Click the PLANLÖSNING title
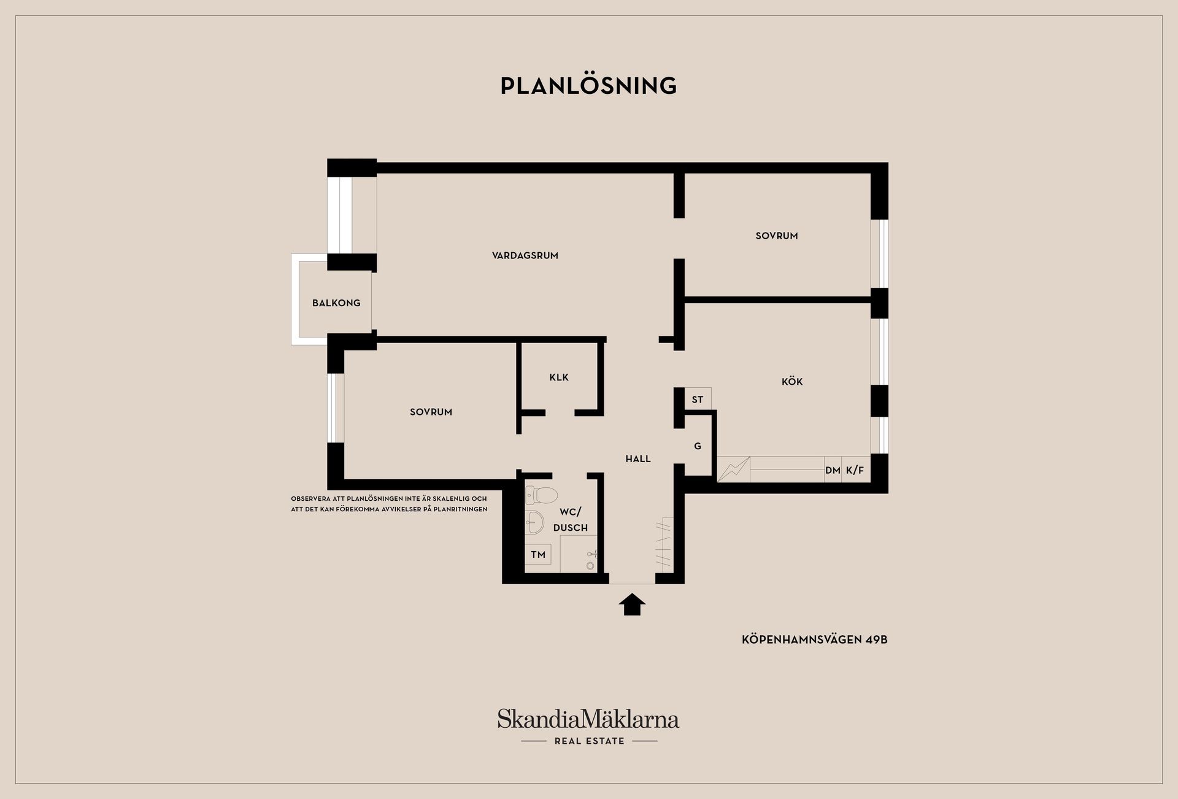tap(588, 85)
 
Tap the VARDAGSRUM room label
tap(525, 255)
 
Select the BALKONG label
tap(336, 303)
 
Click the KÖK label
tap(792, 381)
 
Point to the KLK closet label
tap(559, 377)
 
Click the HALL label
tap(638, 459)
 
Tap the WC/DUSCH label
tap(571, 520)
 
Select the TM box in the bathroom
tap(538, 555)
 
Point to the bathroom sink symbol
tap(535, 522)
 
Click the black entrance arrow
tap(632, 604)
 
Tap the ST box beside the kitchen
tap(698, 399)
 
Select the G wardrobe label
tap(698, 446)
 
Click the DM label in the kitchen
tap(833, 471)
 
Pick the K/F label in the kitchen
tap(855, 471)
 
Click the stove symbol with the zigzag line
tap(734, 469)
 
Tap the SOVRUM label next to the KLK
tap(431, 412)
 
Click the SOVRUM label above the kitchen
tap(777, 236)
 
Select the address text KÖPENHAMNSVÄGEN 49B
tap(815, 639)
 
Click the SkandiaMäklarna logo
tap(588, 727)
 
